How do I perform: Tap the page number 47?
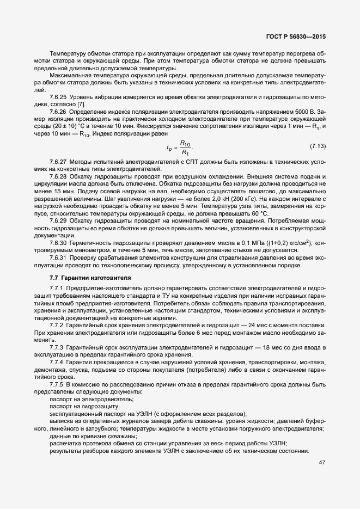[322, 463]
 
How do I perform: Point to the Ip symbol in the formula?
[169, 147]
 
